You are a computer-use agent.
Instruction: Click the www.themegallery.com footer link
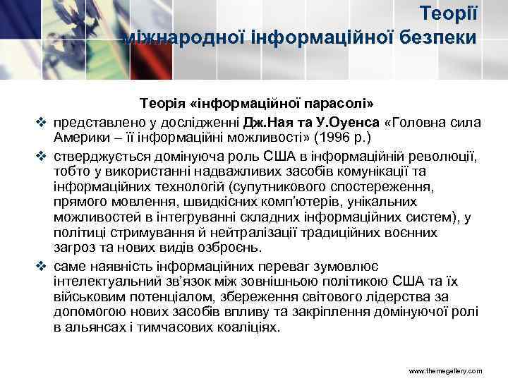pos(446,370)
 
